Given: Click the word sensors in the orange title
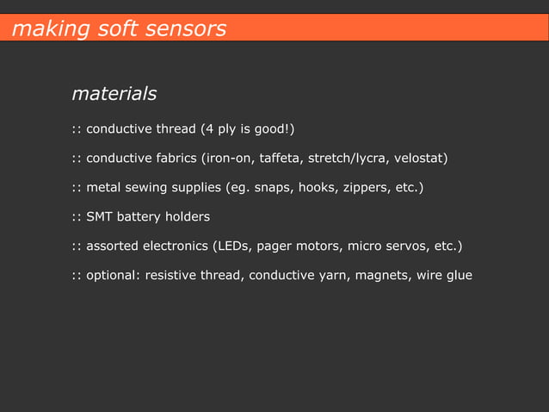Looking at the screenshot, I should point(182,28).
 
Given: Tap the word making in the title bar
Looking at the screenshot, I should point(40,28).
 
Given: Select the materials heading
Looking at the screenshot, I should point(114,92).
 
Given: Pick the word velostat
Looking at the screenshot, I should point(418,159).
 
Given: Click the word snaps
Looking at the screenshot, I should point(273,187).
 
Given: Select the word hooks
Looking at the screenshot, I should point(318,187).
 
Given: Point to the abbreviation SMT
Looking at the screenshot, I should point(100,216).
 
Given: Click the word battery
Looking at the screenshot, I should point(141,216).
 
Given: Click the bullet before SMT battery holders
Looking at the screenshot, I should point(76,216).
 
